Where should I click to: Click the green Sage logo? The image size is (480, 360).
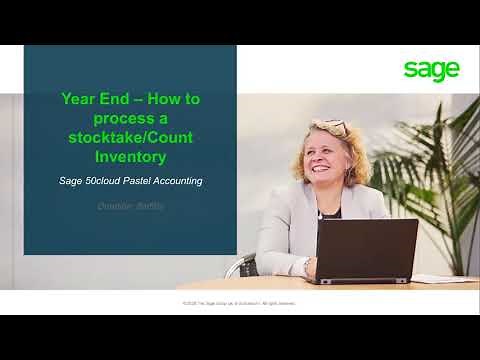click(x=432, y=69)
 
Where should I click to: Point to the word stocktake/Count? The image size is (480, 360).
click(x=130, y=139)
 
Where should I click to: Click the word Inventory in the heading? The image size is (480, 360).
click(x=130, y=158)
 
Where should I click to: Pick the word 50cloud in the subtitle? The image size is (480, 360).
click(x=119, y=181)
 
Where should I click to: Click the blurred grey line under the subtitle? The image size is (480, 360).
click(x=130, y=205)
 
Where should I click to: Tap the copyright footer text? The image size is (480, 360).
click(x=239, y=302)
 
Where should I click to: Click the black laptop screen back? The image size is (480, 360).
click(x=366, y=249)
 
